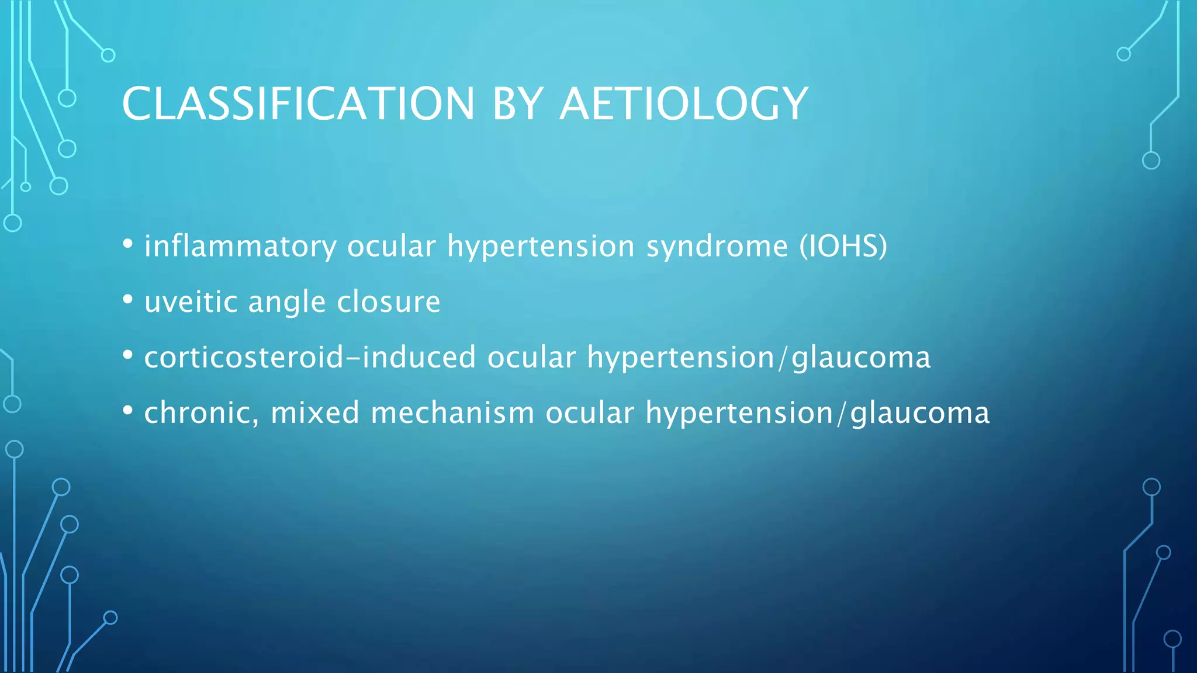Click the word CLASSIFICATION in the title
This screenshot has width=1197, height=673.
point(298,104)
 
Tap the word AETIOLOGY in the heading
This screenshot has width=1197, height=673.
point(683,104)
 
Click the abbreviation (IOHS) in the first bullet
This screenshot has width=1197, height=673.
point(843,246)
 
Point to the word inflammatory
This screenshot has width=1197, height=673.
point(240,246)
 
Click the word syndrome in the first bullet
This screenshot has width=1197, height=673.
point(717,246)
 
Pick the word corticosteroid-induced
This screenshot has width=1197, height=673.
point(310,357)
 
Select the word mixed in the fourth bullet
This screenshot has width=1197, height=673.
point(314,413)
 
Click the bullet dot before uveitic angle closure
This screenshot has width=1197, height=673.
point(128,300)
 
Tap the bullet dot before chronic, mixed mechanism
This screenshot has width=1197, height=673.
point(128,411)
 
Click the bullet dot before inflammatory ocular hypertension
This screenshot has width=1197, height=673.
point(128,244)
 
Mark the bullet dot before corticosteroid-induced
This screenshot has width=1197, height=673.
point(128,355)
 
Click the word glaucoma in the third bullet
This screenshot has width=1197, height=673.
point(860,358)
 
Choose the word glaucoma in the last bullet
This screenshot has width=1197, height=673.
point(919,414)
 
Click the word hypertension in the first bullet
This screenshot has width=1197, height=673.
point(541,246)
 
